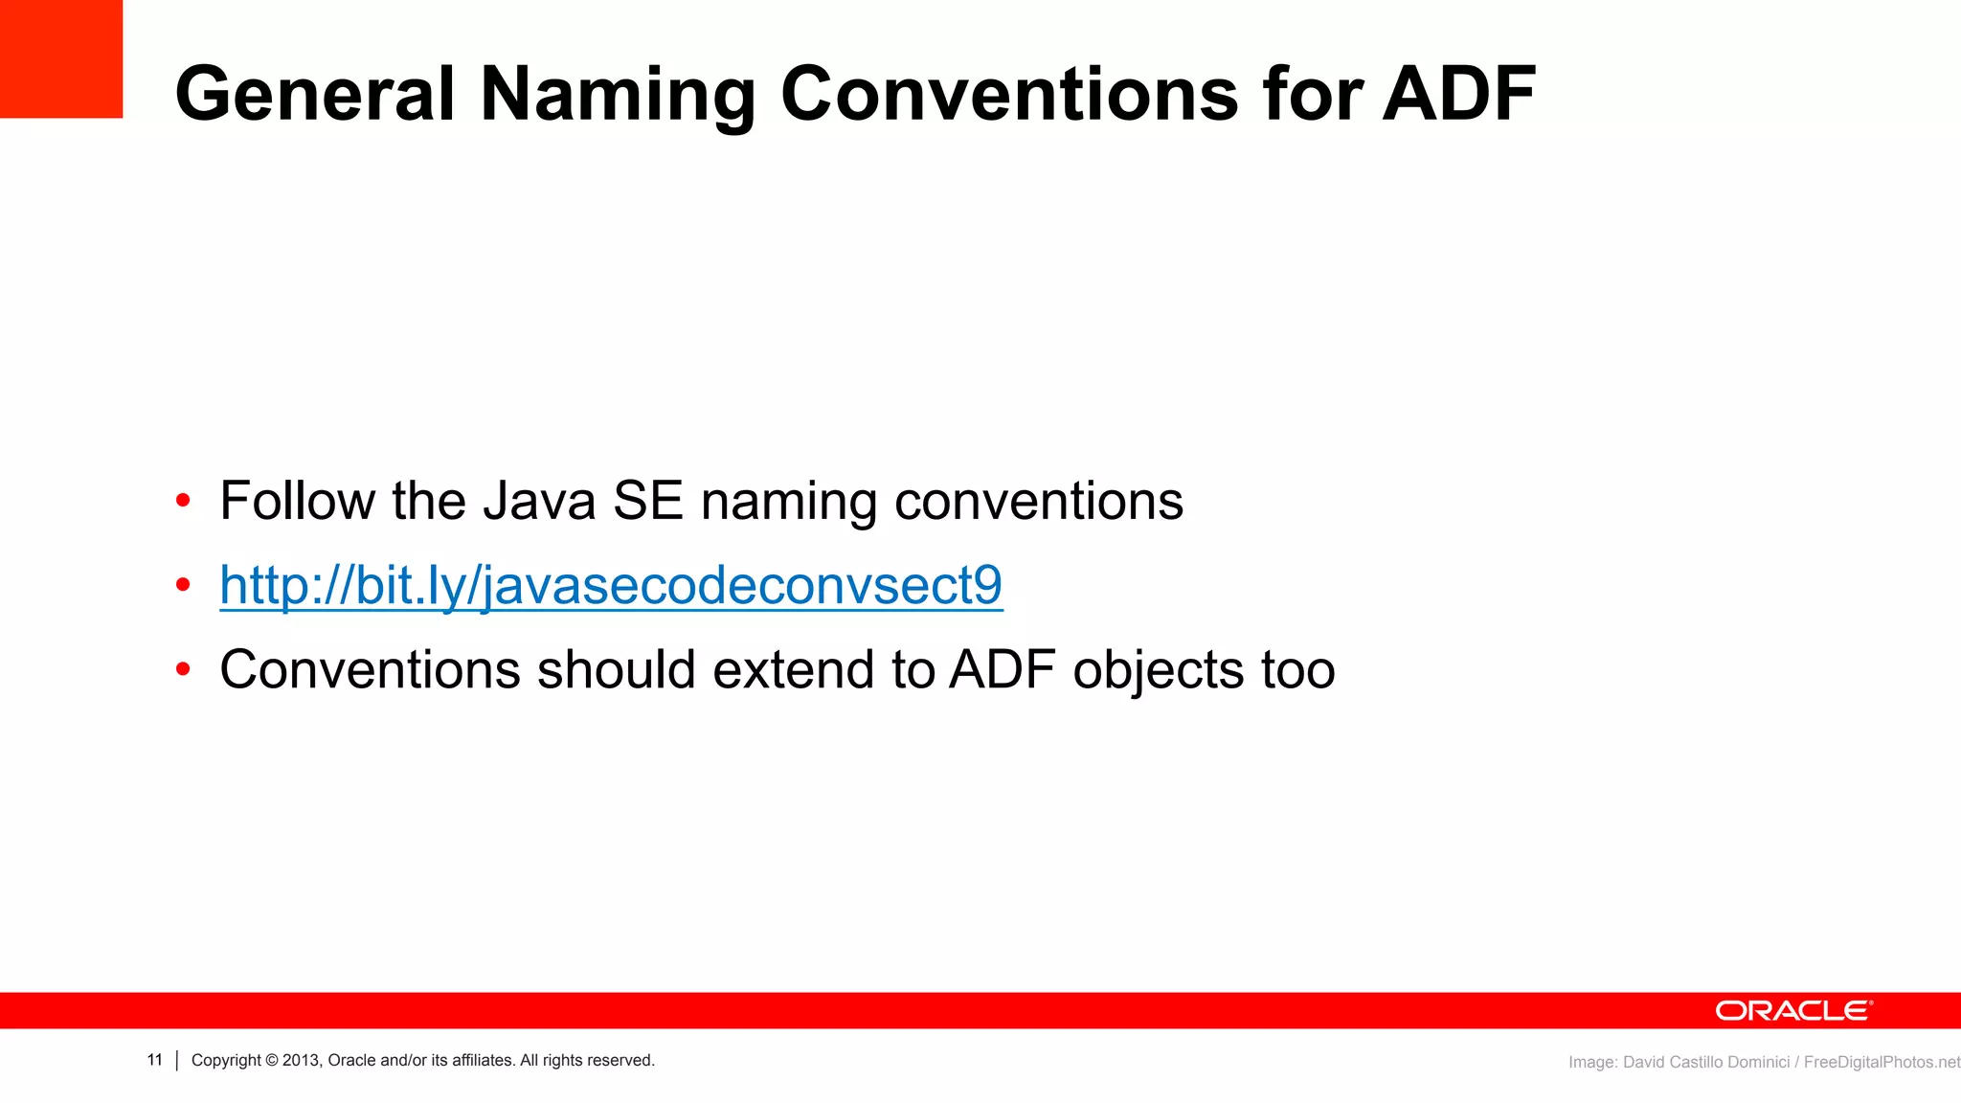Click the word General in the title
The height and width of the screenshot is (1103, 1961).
[x=314, y=94]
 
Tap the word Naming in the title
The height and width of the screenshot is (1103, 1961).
[x=618, y=94]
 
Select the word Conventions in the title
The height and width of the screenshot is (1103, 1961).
[x=1009, y=94]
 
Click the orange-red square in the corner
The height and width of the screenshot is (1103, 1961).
[x=60, y=57]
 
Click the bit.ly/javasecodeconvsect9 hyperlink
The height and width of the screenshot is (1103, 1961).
[x=611, y=585]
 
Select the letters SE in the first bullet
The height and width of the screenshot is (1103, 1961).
[x=648, y=501]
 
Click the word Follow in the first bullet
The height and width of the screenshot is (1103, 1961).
[x=298, y=501]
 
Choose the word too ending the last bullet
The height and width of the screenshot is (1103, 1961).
[x=1297, y=669]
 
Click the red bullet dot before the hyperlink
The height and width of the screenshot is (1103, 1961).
[x=183, y=585]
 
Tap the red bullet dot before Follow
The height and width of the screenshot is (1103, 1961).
[x=183, y=501]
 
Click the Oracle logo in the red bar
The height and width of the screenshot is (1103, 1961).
[x=1792, y=1011]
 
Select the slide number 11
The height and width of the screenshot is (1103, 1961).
[x=155, y=1060]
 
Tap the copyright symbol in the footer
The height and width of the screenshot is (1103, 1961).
[x=272, y=1060]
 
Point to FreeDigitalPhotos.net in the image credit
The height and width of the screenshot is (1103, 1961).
[x=1881, y=1062]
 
